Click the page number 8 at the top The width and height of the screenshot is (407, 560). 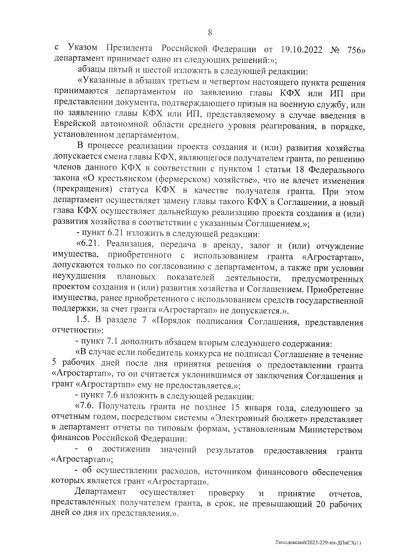coord(210,33)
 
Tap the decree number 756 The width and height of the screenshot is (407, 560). coord(356,50)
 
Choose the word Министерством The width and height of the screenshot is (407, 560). coord(331,429)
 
